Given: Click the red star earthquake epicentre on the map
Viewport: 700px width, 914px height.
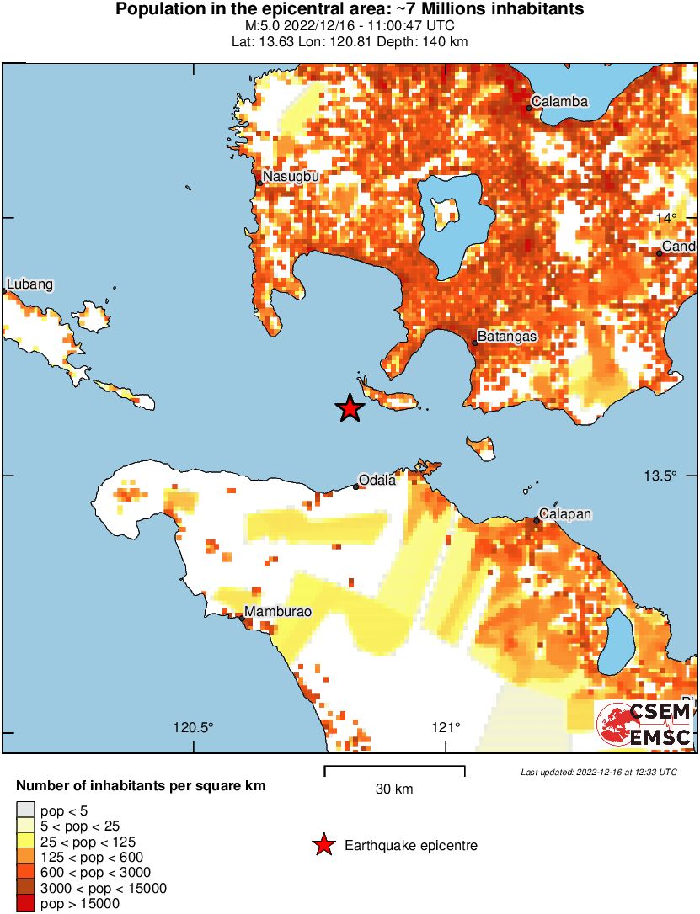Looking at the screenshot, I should [350, 409].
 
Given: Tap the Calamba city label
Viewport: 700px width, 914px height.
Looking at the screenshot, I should [559, 102].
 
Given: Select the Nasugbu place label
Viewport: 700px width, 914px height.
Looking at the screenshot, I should [289, 177].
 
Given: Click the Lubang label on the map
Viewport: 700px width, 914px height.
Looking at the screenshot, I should [29, 284].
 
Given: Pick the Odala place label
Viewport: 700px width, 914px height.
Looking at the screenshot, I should [377, 481].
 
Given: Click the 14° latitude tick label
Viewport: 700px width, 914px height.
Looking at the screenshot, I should [667, 218].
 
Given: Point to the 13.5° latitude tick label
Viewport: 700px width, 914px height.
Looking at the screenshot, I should [661, 476].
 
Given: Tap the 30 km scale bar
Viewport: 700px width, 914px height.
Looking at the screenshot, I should [394, 768].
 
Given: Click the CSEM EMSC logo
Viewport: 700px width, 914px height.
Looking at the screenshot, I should [644, 725].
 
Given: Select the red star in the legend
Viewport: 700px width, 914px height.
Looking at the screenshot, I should [323, 845].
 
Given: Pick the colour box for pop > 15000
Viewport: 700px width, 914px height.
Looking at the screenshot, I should [25, 904].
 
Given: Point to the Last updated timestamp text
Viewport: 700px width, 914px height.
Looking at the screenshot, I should [598, 772].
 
